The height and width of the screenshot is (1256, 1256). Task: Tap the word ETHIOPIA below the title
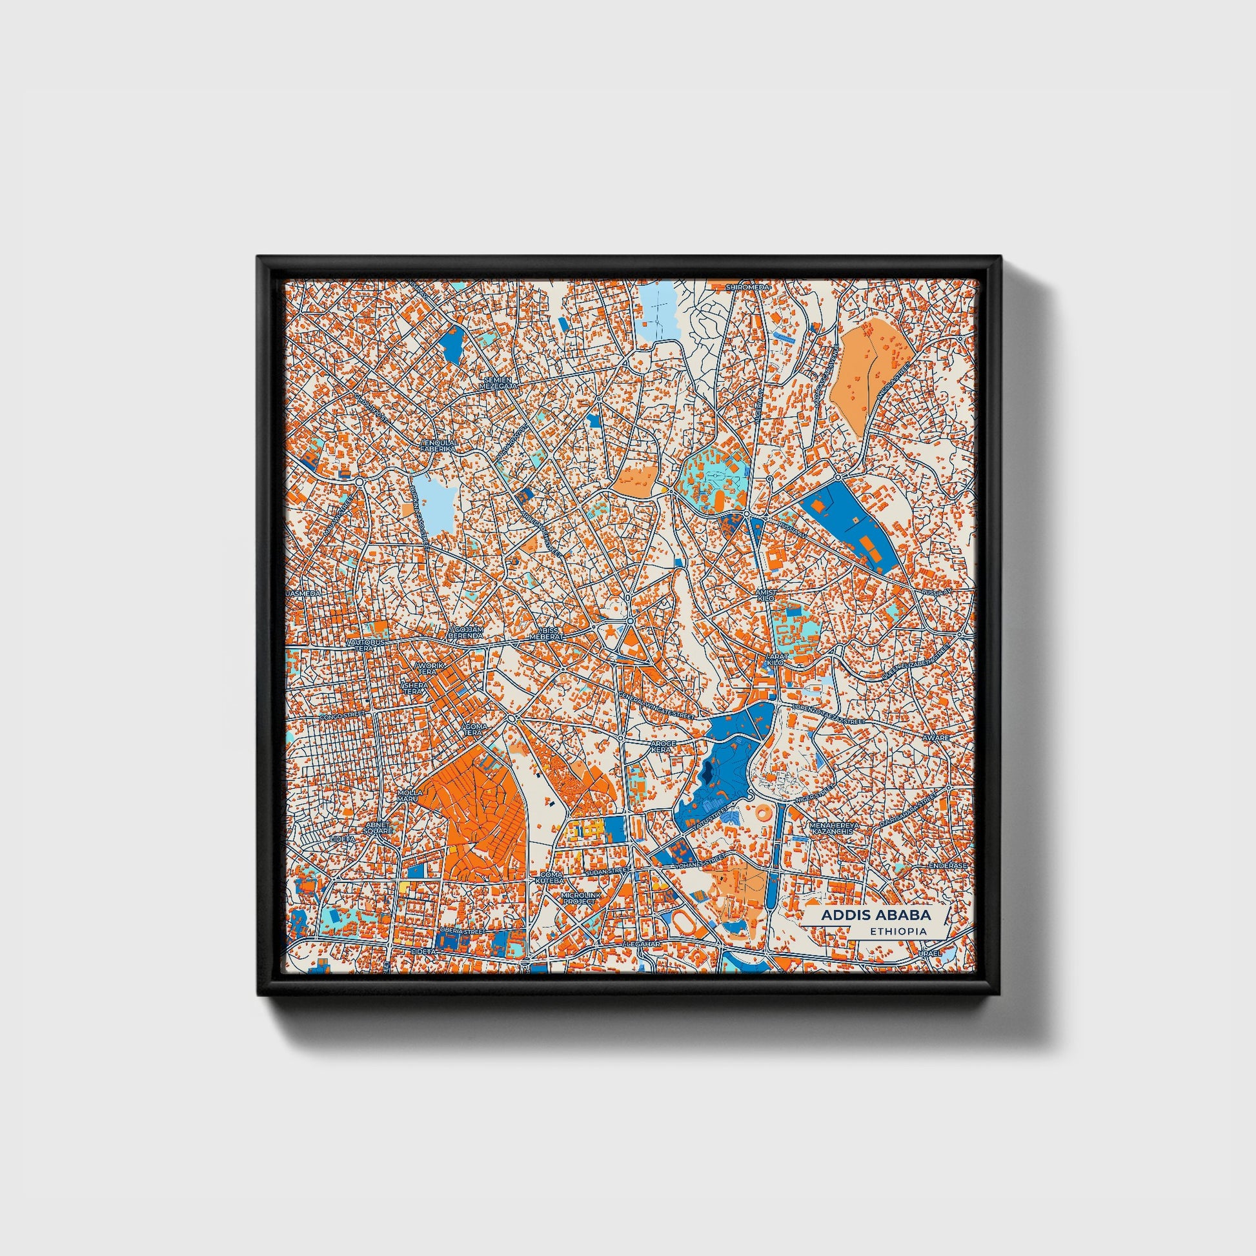point(898,931)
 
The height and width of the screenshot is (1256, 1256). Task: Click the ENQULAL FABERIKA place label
point(439,445)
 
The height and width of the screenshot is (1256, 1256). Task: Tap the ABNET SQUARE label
point(378,827)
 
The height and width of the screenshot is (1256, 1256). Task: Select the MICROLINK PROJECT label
point(580,898)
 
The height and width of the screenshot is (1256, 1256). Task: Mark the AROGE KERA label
point(663,746)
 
